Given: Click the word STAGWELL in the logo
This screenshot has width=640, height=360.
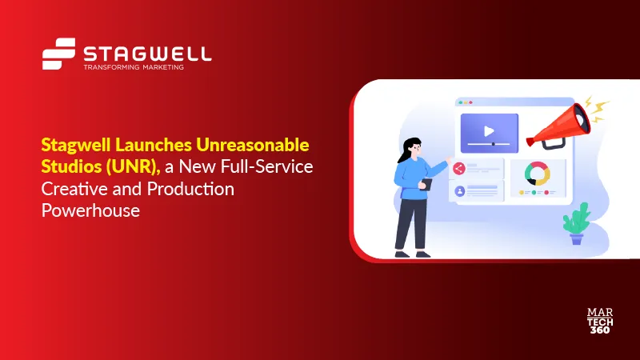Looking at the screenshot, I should coord(147,54).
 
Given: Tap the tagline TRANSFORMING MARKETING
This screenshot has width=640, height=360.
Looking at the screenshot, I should coord(134,68).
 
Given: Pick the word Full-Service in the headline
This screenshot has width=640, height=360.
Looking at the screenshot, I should coord(274,166).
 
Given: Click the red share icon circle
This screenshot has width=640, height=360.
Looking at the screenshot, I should coord(458,168).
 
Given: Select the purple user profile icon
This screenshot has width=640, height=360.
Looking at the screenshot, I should coord(459,191).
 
